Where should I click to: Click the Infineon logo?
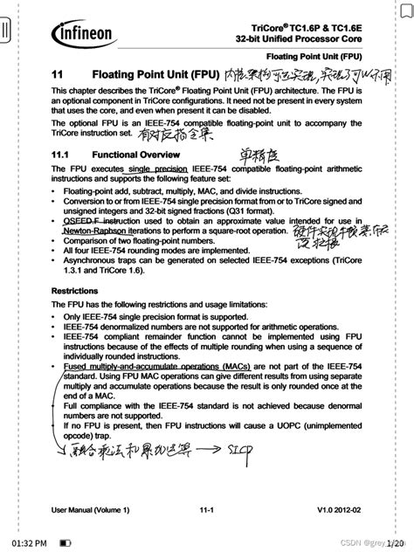83,33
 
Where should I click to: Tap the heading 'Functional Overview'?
135,154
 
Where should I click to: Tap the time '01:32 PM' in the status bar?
29,542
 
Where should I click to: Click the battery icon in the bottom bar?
65,542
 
